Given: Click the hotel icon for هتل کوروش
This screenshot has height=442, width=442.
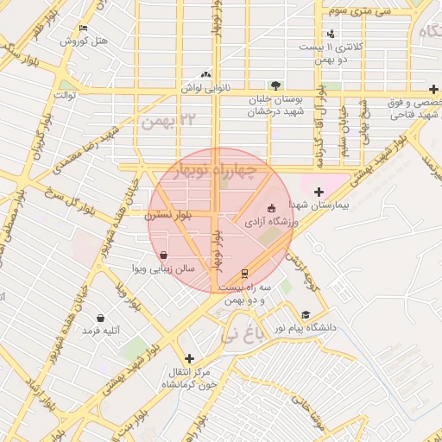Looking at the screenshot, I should (x=83, y=28).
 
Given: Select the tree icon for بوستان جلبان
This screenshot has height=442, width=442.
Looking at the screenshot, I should (x=275, y=85).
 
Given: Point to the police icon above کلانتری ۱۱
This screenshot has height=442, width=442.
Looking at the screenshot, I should (x=331, y=33).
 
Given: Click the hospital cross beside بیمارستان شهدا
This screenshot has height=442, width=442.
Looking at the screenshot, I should (x=319, y=192).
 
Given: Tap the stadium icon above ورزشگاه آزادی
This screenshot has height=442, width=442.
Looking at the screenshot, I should (x=272, y=208).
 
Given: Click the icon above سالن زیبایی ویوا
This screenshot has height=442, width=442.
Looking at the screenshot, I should (x=164, y=255).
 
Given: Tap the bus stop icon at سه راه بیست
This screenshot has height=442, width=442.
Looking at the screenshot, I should (x=244, y=275).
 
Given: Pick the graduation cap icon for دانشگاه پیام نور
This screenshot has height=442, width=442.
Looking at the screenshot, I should (x=306, y=315).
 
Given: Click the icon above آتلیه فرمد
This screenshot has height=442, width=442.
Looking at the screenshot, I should (x=101, y=318).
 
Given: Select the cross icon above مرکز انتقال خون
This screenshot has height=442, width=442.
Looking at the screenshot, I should (x=189, y=358).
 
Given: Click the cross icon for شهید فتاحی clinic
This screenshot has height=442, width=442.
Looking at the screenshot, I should (x=433, y=89).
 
